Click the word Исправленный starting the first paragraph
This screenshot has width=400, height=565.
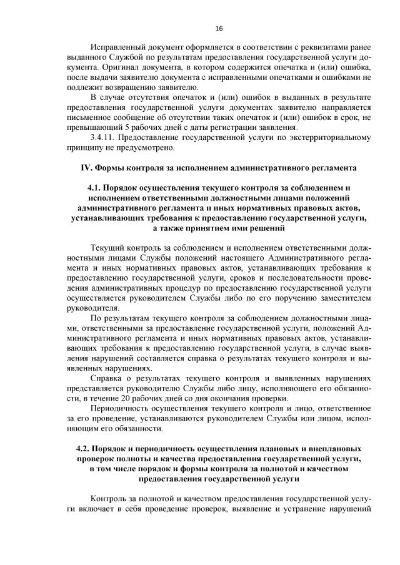(x=119, y=48)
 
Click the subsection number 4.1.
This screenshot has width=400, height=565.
(x=94, y=187)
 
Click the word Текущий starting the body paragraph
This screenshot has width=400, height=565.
(x=107, y=249)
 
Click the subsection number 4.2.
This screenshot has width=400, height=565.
(x=82, y=449)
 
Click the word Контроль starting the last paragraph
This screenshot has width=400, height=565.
(x=109, y=500)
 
